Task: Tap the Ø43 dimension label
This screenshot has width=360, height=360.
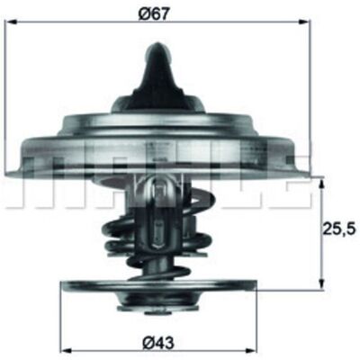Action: pyautogui.click(x=158, y=342)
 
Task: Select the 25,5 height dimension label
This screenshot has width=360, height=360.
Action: pyautogui.click(x=339, y=229)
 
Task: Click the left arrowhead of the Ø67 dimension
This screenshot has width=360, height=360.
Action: pyautogui.click(x=12, y=22)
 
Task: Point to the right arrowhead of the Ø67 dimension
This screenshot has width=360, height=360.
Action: pyautogui.click(x=305, y=22)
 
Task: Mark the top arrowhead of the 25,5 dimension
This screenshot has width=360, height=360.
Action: pyautogui.click(x=321, y=184)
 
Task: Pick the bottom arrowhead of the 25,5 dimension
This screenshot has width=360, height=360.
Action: pyautogui.click(x=321, y=283)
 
